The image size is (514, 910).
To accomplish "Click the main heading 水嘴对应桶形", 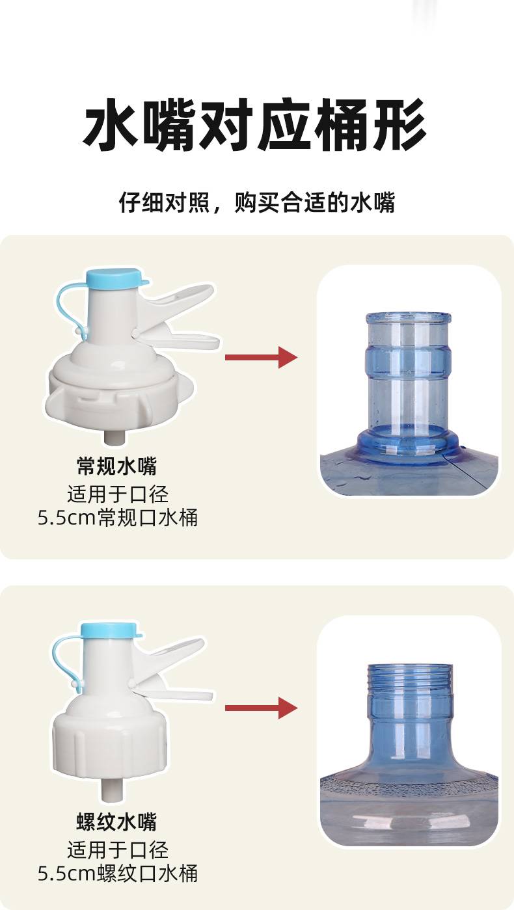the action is (x=254, y=125).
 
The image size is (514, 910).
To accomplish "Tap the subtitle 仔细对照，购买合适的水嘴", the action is (x=257, y=202).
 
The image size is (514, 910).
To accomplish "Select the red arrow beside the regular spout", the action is (x=261, y=358).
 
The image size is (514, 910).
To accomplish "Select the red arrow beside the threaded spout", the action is (x=261, y=708).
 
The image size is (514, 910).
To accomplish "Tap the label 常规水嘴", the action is (x=117, y=466).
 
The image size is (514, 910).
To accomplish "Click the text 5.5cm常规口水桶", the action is (x=118, y=518).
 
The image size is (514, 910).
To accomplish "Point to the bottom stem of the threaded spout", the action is (x=111, y=790).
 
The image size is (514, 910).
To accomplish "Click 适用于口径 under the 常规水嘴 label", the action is (x=118, y=494).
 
